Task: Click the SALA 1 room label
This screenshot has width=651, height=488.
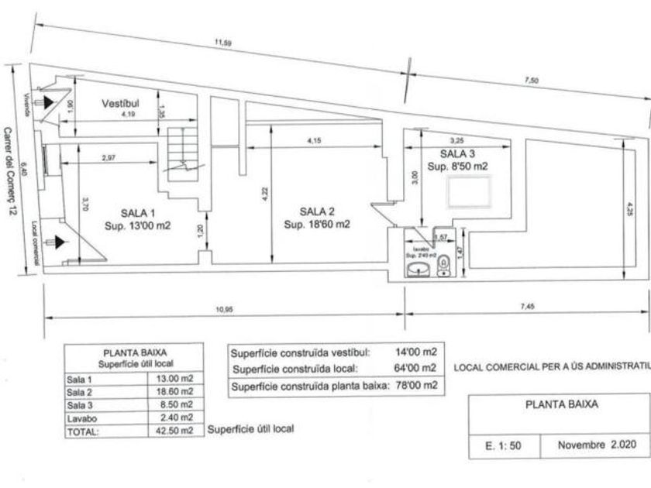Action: pyautogui.click(x=137, y=212)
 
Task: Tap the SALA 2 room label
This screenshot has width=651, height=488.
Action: pyautogui.click(x=317, y=211)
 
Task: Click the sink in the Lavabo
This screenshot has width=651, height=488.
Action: pyautogui.click(x=418, y=267)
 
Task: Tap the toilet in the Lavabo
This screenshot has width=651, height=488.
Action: pyautogui.click(x=443, y=266)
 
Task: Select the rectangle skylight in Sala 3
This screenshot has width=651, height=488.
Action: pyautogui.click(x=470, y=191)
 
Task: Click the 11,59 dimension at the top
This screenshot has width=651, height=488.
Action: pyautogui.click(x=222, y=43)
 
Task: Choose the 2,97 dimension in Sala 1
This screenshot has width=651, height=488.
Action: pyautogui.click(x=108, y=158)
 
